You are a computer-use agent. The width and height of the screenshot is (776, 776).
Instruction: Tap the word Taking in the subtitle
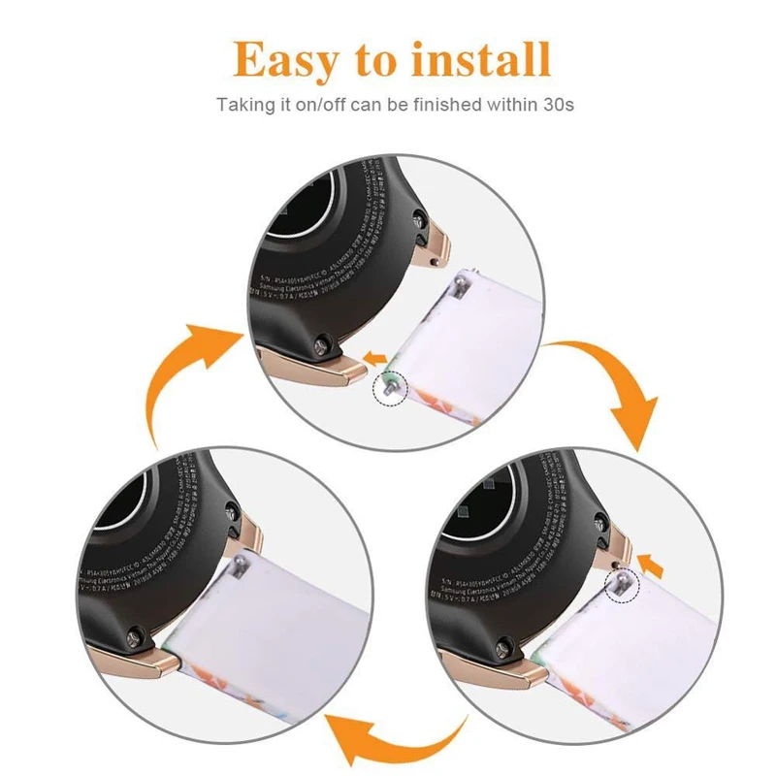246,103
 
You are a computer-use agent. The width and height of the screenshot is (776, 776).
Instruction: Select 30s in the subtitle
557,103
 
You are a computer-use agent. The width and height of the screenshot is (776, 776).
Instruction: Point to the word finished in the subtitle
436,103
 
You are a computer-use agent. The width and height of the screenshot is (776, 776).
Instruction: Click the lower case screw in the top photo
321,340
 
